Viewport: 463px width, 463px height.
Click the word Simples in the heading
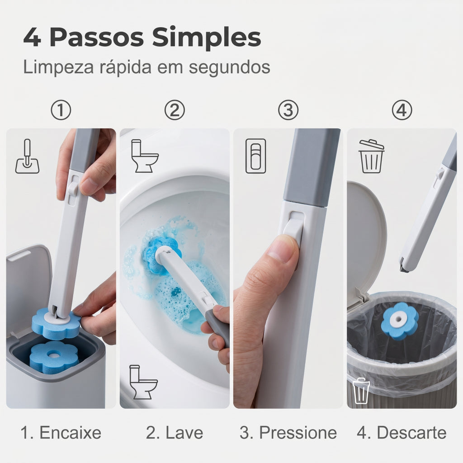coord(206,38)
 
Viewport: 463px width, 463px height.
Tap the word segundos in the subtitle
coord(229,68)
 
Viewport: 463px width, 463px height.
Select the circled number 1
coord(61,110)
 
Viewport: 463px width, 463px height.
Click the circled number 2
coord(175,110)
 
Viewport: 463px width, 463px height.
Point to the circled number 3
coord(288,110)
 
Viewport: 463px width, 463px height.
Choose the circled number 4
coord(402,110)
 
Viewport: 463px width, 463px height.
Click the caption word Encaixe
coord(70,433)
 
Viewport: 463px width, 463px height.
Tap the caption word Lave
coord(184,433)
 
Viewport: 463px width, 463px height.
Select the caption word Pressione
coord(298,433)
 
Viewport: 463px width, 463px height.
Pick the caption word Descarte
coord(411,433)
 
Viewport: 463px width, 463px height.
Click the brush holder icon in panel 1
coord(27,156)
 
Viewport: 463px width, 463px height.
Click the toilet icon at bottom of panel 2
coord(143,382)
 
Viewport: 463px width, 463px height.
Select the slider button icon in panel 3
coord(256,156)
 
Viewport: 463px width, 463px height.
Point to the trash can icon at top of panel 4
coord(372,156)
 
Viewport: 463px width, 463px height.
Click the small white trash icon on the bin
coord(360,391)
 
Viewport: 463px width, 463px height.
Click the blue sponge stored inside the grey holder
coord(54,357)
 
